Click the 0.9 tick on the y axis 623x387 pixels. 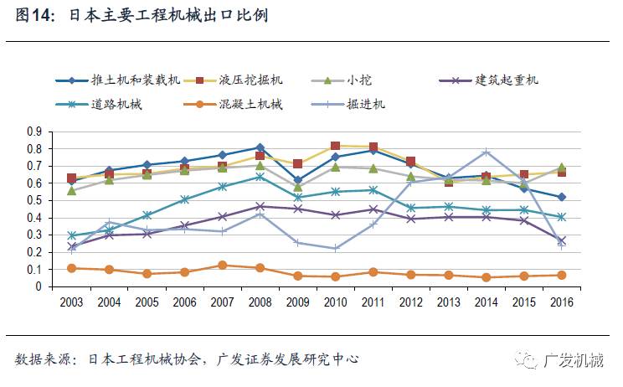pyautogui.click(x=34, y=132)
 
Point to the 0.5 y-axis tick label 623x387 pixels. pyautogui.click(x=34, y=201)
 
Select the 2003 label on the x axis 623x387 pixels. pyautogui.click(x=72, y=302)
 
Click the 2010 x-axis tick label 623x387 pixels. pyautogui.click(x=335, y=302)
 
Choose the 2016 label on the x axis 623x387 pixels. pyautogui.click(x=561, y=302)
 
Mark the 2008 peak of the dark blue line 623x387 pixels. pyautogui.click(x=260, y=147)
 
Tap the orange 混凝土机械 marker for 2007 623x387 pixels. pyautogui.click(x=222, y=266)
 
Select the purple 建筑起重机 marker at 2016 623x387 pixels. pyautogui.click(x=561, y=240)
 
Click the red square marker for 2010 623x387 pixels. pyautogui.click(x=335, y=147)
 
